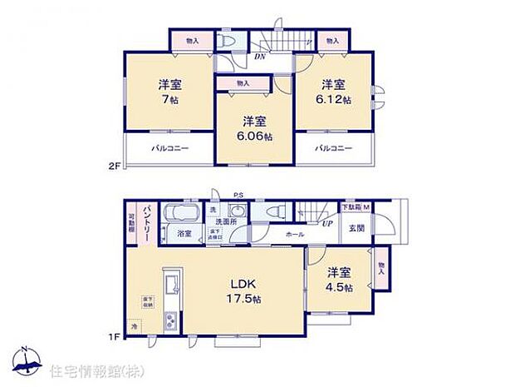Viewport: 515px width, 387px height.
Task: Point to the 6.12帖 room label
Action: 334,98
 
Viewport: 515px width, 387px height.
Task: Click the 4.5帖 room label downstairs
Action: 338,287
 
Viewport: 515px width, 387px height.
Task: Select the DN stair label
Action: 261,58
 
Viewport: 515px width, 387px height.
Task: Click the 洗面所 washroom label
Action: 226,222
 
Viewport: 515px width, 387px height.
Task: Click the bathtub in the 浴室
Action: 181,214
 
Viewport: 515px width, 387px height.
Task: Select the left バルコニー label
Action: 169,148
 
